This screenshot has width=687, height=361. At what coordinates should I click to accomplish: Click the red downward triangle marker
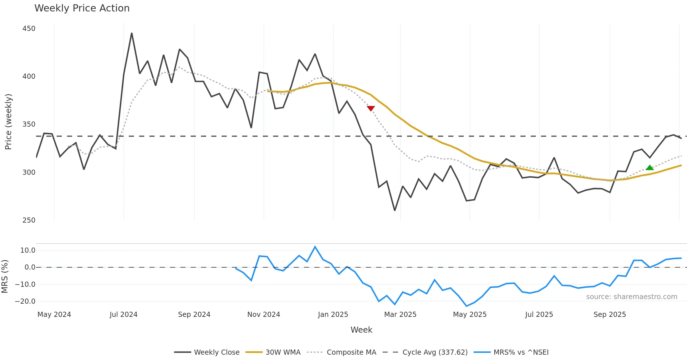tap(371, 108)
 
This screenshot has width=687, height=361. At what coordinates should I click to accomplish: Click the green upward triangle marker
tap(650, 168)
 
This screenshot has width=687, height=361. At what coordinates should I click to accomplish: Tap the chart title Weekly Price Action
tap(82, 8)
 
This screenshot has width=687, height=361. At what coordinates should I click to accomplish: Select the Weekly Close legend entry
tap(216, 352)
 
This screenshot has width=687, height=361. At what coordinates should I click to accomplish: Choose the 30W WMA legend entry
tap(283, 352)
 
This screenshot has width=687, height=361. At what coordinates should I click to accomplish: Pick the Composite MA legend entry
tap(351, 352)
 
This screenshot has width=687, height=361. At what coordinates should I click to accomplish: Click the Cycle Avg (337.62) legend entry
tap(435, 352)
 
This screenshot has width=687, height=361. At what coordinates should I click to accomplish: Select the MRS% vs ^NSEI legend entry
tap(521, 352)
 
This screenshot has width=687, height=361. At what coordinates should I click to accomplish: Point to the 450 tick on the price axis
tap(29, 29)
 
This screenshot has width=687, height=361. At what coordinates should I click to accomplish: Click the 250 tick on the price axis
tap(29, 220)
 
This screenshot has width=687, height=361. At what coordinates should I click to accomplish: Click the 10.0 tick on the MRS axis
tap(28, 250)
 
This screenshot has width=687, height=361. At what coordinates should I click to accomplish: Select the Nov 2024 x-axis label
tap(264, 314)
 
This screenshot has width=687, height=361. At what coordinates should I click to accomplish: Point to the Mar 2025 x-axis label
tap(400, 314)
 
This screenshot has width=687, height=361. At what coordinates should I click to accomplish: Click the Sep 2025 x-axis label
tap(610, 314)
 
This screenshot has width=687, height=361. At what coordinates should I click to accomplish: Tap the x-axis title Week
tap(361, 330)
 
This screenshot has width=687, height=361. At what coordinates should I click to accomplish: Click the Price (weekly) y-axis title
tap(8, 121)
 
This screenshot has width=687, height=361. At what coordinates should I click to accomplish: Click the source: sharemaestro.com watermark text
tap(631, 297)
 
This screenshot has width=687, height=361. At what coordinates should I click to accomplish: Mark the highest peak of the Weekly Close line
tap(132, 33)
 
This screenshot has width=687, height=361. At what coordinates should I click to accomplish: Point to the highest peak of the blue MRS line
tap(315, 247)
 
